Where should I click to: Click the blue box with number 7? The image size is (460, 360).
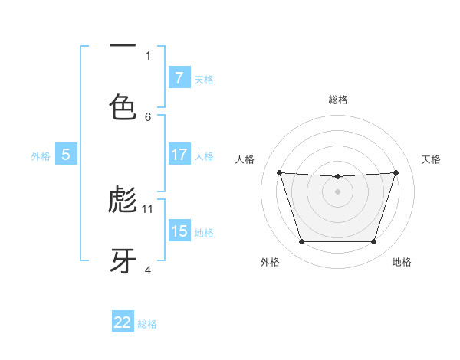[179, 77]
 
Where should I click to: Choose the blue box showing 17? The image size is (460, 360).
[179, 155]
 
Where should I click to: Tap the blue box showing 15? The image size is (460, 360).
[179, 231]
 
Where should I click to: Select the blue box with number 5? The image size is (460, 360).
[66, 155]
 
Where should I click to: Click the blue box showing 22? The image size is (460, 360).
[123, 322]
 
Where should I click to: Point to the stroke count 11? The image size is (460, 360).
[148, 208]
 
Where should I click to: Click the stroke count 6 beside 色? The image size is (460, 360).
[148, 116]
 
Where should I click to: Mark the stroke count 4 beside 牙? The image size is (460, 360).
[148, 270]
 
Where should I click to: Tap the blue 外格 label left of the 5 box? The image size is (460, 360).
[41, 155]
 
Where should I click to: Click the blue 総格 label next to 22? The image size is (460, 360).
[147, 323]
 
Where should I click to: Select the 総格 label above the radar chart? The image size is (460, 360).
[338, 100]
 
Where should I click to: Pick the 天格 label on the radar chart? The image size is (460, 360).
[431, 159]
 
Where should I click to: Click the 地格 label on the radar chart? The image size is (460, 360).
[402, 262]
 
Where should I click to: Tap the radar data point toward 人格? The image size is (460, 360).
[280, 172]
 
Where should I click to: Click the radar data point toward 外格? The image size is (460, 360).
[301, 242]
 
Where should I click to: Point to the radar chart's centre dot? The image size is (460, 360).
[337, 191]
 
